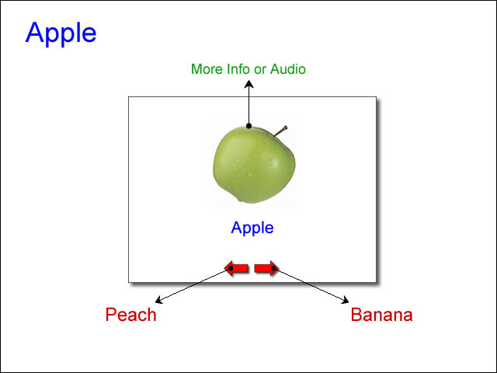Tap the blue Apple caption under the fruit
(x=252, y=228)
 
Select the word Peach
(x=130, y=315)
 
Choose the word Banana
(x=381, y=315)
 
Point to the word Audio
(x=288, y=69)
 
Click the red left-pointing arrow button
(x=236, y=269)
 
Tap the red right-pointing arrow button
(x=266, y=269)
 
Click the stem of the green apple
(x=281, y=131)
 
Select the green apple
(x=254, y=164)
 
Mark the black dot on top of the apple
(x=248, y=126)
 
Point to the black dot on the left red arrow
(x=231, y=268)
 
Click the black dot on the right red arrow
(x=273, y=268)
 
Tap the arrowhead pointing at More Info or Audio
(x=249, y=84)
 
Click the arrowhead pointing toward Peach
(x=158, y=300)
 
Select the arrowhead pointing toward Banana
(x=345, y=300)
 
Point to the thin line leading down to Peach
(x=193, y=285)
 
